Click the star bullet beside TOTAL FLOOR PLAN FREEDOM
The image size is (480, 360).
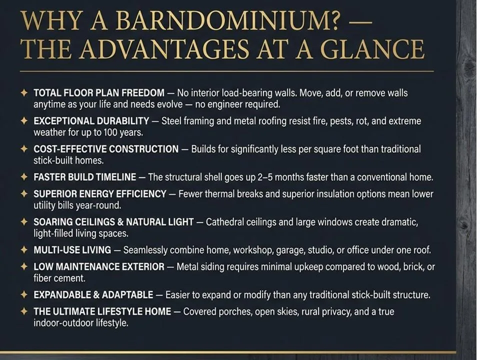tap(24, 92)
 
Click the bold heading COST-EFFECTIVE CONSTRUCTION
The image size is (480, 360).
tap(106, 149)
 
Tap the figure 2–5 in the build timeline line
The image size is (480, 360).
tap(265, 177)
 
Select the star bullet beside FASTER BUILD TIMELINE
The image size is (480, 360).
tap(24, 177)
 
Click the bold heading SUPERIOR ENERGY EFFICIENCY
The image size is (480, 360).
tap(100, 194)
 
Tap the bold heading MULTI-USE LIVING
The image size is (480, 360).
tap(72, 250)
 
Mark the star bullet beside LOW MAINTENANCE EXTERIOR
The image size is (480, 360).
tap(24, 266)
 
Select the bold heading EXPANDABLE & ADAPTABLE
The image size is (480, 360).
tap(93, 295)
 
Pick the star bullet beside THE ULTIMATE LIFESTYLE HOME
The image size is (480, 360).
tap(24, 311)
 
